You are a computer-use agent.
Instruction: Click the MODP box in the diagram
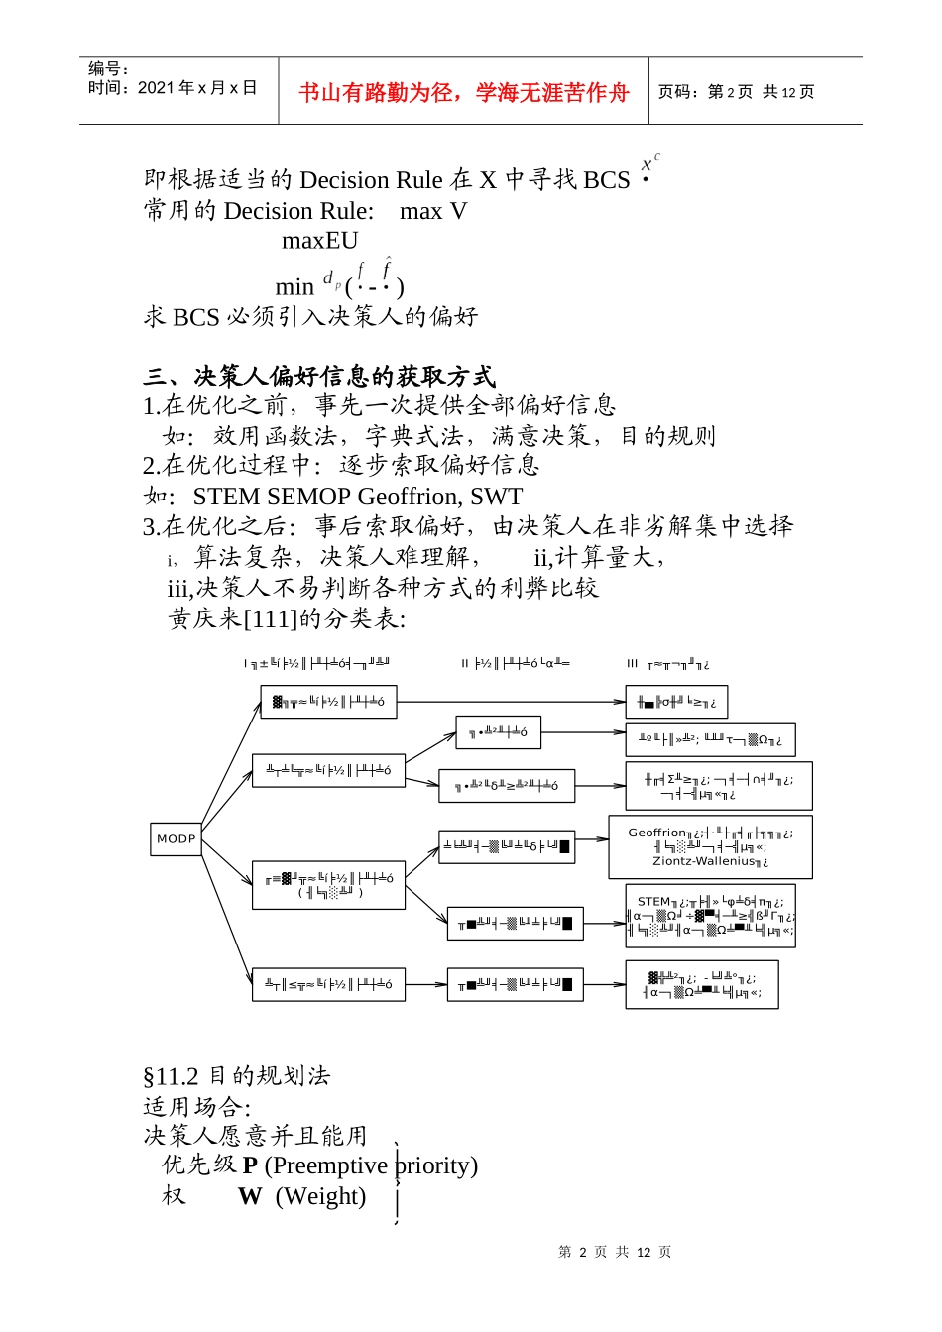(x=176, y=838)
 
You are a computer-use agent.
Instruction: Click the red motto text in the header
(x=464, y=93)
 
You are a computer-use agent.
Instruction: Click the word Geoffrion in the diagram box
(x=656, y=832)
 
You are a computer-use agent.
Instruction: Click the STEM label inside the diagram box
(x=653, y=901)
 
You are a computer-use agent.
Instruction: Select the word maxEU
(x=319, y=241)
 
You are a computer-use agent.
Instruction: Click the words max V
(x=432, y=211)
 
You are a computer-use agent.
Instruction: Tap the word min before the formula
(x=294, y=287)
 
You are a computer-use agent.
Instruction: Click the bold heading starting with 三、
(x=319, y=376)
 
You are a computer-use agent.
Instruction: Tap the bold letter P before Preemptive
(x=249, y=1166)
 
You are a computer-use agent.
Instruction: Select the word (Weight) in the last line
(x=320, y=1196)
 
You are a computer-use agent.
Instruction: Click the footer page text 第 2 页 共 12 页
(x=615, y=1252)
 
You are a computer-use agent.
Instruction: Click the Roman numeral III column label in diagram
(x=632, y=664)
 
